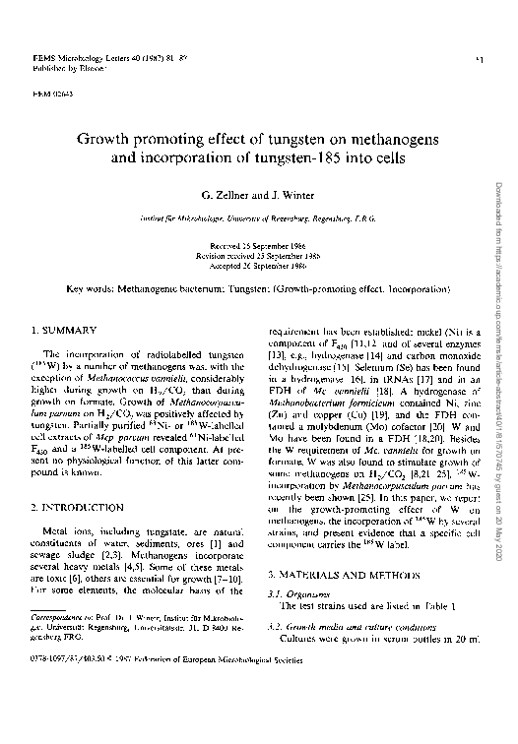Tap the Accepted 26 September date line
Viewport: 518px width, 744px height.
click(x=255, y=266)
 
